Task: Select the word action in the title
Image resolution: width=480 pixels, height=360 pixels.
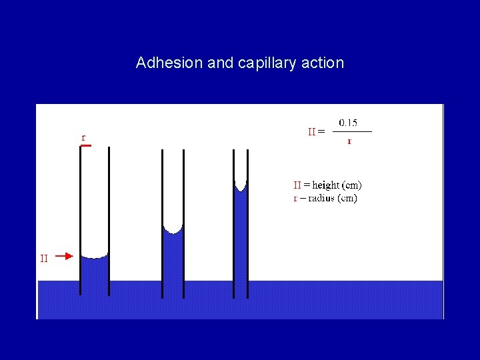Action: click(x=323, y=63)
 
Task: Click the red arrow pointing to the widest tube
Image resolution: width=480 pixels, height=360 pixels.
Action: click(x=63, y=255)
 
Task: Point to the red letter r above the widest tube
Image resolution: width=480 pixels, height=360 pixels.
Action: click(x=83, y=138)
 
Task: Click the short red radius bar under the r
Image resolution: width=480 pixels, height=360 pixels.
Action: click(x=85, y=145)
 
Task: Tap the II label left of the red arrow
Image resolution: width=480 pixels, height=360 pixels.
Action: click(x=44, y=258)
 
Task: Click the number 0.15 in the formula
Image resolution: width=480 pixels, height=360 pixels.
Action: click(x=348, y=123)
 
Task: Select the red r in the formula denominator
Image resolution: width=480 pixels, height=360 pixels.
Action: click(x=349, y=141)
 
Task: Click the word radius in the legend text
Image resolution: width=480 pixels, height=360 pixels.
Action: click(x=319, y=198)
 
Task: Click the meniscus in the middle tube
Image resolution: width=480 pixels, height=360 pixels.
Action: click(x=173, y=231)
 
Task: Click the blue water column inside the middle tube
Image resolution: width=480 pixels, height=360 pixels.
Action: click(x=173, y=260)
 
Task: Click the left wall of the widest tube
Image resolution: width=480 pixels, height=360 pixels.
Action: click(x=80, y=213)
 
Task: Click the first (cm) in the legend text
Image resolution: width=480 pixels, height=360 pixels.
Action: click(x=352, y=185)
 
